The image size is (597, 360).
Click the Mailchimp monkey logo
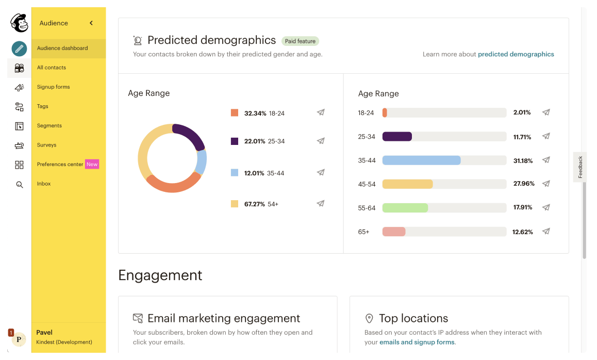click(x=19, y=23)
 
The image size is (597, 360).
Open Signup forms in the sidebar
click(x=53, y=87)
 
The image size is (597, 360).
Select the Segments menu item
click(x=49, y=125)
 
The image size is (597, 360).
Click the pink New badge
click(x=92, y=164)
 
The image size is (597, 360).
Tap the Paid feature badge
click(x=301, y=41)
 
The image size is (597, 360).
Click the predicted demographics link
click(x=516, y=54)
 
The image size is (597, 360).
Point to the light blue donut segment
click(x=202, y=162)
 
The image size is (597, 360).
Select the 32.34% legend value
click(x=255, y=113)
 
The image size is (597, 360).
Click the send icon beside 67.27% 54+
click(x=321, y=204)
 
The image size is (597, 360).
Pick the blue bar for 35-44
click(x=421, y=160)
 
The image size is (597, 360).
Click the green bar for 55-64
click(x=405, y=208)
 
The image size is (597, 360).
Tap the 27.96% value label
click(x=523, y=184)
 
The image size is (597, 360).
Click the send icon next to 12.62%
click(x=546, y=232)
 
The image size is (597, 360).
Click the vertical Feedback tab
click(x=580, y=167)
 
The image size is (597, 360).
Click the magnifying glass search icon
click(x=19, y=184)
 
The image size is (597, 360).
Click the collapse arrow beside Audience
click(x=91, y=23)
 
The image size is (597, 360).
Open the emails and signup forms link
click(x=417, y=342)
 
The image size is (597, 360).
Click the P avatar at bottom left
click(x=19, y=339)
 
